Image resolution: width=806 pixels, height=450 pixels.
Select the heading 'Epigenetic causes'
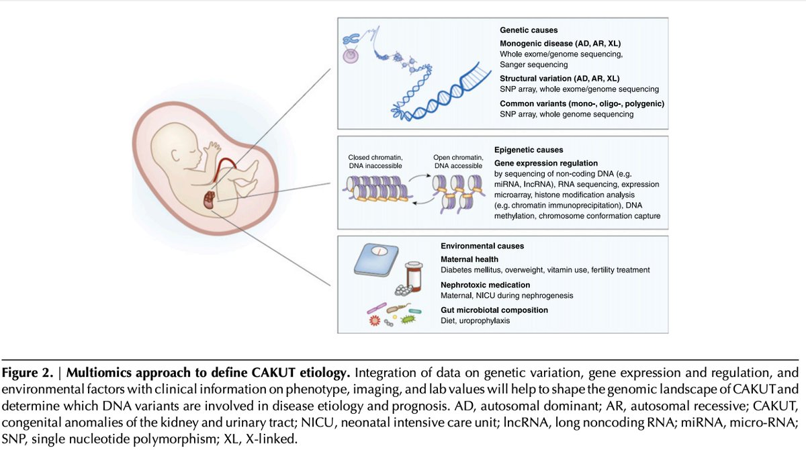[529, 150]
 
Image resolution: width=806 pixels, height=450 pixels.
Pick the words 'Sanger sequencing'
[533, 65]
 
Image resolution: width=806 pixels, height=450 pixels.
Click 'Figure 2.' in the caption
[32, 371]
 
